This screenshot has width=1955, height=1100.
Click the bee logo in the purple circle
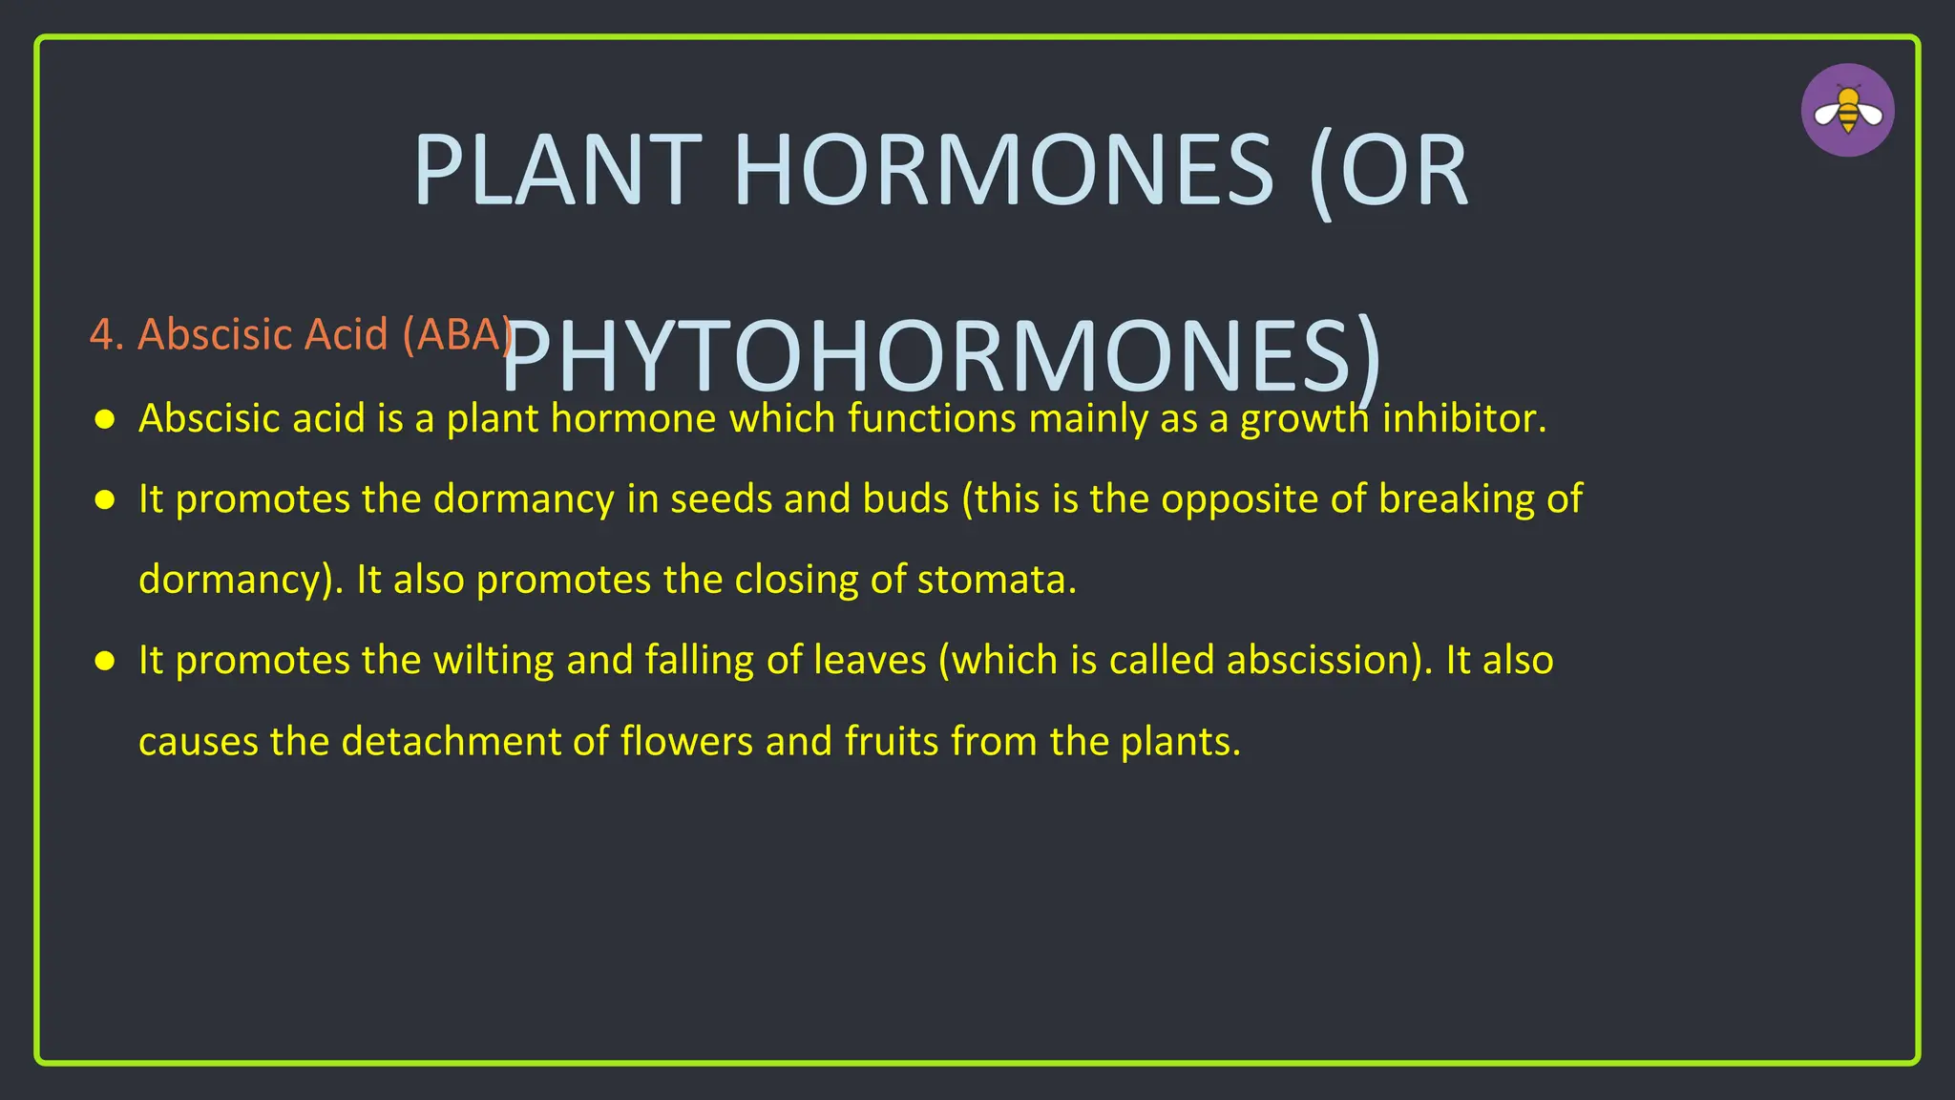coord(1847,111)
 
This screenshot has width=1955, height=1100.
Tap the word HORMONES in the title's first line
coord(1002,172)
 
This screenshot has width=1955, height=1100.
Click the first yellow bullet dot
coord(105,419)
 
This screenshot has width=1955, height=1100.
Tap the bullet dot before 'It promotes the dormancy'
coord(105,499)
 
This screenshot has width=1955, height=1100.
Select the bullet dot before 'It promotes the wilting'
coord(105,661)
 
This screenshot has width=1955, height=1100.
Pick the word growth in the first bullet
coord(1304,419)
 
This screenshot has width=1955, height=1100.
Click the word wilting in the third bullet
coord(494,661)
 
